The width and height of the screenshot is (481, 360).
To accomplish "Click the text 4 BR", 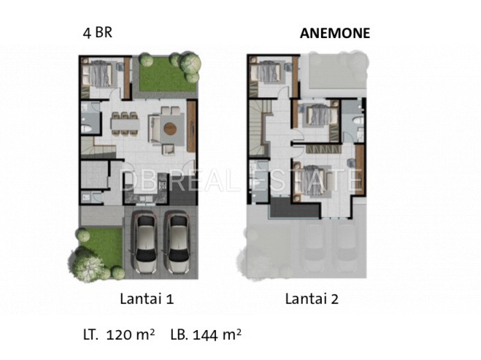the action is click(x=98, y=33).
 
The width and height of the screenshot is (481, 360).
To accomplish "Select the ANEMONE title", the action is click(x=335, y=33).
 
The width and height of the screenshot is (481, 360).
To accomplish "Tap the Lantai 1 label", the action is click(x=147, y=299).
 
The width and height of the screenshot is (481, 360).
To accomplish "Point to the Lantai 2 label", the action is click(x=312, y=299).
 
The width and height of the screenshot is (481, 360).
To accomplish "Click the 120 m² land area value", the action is click(x=131, y=334).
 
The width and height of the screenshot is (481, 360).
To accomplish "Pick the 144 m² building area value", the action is click(x=217, y=334).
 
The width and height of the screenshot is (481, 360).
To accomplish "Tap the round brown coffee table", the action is click(x=169, y=129).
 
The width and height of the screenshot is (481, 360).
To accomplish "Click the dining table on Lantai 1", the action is click(x=125, y=123).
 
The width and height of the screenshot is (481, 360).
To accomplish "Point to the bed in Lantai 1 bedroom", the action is click(x=98, y=74).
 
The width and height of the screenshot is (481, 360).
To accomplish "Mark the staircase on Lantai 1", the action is click(x=97, y=148).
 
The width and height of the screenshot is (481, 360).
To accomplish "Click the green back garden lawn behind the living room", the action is click(x=167, y=74).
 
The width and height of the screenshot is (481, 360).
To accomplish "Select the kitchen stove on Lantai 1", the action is click(x=162, y=185).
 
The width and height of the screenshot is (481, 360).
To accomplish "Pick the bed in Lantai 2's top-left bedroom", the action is click(x=266, y=73).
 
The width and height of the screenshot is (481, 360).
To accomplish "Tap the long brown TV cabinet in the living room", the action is click(x=191, y=126).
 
